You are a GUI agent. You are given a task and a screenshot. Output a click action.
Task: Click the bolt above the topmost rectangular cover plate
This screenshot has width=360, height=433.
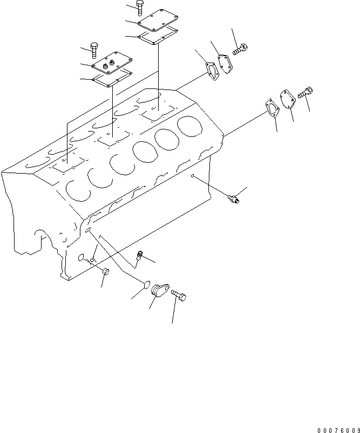click(x=140, y=7)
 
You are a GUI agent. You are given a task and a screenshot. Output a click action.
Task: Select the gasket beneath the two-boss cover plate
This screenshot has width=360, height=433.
click(x=112, y=79)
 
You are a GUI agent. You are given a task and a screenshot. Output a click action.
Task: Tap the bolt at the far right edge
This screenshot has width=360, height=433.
click(x=304, y=93)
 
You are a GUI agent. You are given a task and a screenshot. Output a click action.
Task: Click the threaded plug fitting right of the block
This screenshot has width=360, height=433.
click(x=235, y=200)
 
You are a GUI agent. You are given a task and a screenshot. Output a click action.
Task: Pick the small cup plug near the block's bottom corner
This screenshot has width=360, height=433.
click(x=106, y=272)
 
